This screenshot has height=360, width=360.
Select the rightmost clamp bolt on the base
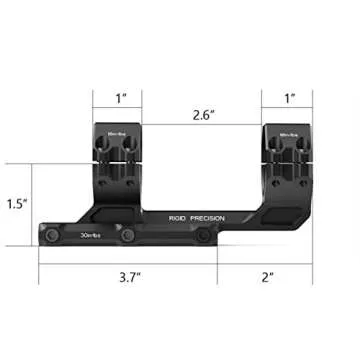[205, 237]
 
